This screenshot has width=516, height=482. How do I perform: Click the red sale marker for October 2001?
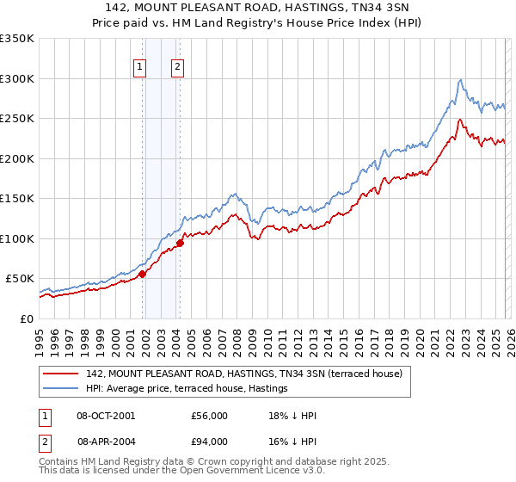point(143,274)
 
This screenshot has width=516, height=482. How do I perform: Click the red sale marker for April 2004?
point(181,244)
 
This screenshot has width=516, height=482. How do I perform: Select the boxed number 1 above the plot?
point(139,68)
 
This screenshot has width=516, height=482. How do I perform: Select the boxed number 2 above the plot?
point(177,68)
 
